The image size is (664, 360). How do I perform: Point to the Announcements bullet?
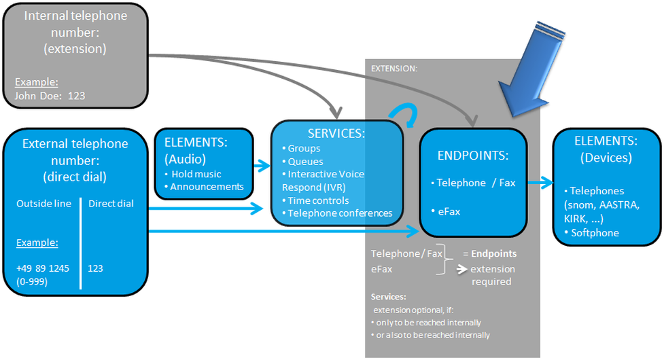(x=207, y=186)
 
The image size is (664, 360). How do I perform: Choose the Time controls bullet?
(x=317, y=200)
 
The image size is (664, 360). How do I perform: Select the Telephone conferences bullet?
(x=339, y=213)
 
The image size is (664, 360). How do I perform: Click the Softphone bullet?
(x=594, y=233)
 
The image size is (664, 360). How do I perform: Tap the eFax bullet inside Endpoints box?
(x=448, y=211)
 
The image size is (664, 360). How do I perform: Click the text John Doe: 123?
(x=50, y=96)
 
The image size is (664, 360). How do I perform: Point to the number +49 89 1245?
(x=43, y=268)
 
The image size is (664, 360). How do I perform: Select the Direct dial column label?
(x=111, y=203)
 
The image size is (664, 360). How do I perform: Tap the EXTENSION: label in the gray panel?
(x=394, y=69)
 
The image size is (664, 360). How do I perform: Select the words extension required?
(x=493, y=275)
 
